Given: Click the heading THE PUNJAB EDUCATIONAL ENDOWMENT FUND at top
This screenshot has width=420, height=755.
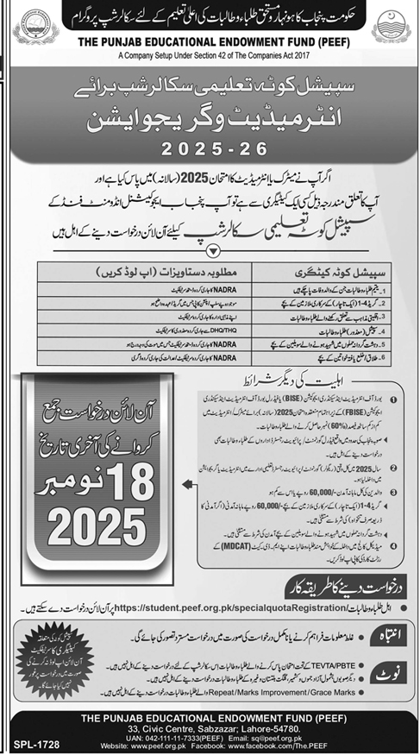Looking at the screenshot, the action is [x=210, y=41].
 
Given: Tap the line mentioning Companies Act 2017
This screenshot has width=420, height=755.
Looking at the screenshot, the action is [x=210, y=53].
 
